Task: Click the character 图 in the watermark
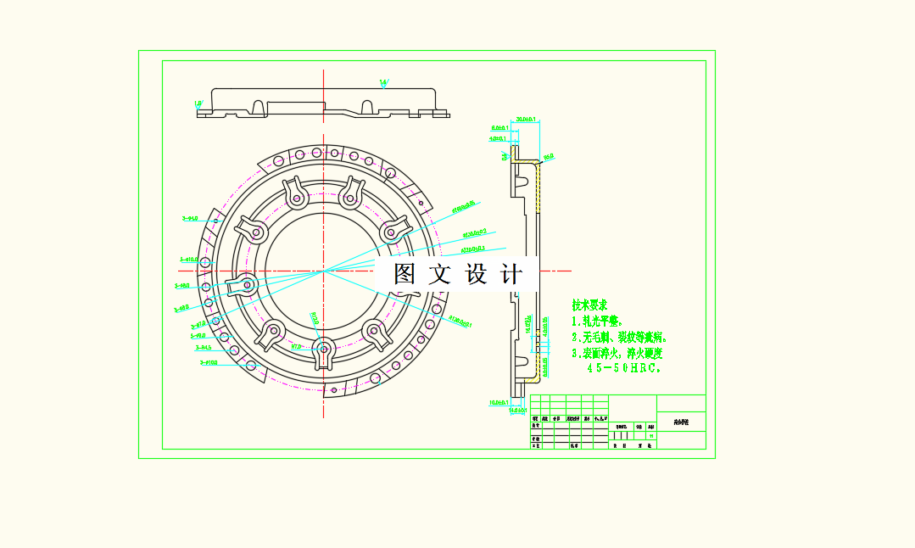(404, 274)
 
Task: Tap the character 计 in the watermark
(513, 274)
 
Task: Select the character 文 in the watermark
(441, 274)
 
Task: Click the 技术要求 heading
(589, 305)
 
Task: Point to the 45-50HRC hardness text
(624, 368)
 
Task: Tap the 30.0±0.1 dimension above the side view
(526, 120)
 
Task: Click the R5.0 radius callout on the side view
(549, 156)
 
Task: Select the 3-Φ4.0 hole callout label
(190, 218)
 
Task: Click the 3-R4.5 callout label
(204, 347)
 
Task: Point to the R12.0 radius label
(314, 319)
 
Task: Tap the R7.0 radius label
(296, 346)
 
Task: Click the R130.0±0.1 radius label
(460, 322)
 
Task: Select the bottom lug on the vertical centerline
(324, 350)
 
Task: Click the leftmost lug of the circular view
(242, 285)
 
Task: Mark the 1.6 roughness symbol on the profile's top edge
(383, 82)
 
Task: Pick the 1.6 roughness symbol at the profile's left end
(198, 103)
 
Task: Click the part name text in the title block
(681, 422)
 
